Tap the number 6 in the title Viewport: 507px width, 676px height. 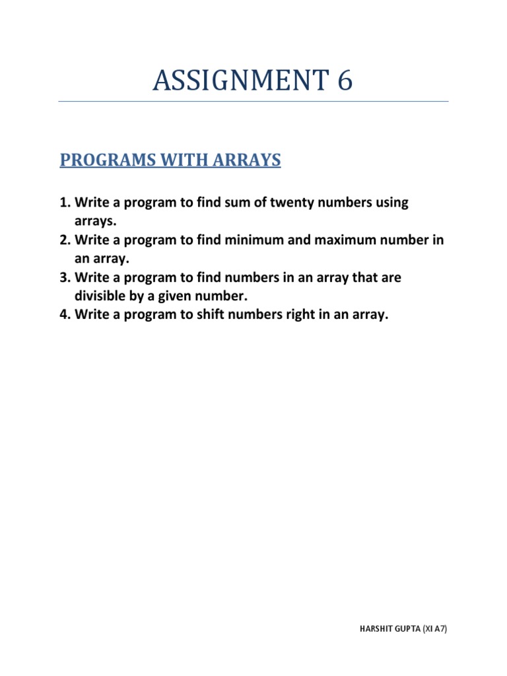[x=344, y=81]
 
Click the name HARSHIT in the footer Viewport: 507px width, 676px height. [x=375, y=630]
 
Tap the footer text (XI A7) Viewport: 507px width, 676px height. [x=434, y=630]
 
